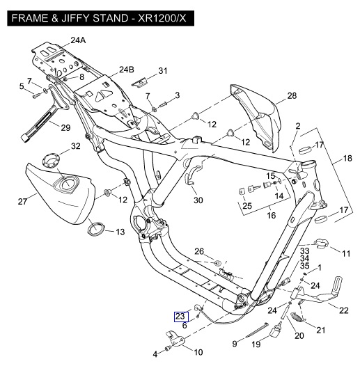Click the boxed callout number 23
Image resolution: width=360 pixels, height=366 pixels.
[181, 317]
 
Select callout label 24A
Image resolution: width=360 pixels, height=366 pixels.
[78, 40]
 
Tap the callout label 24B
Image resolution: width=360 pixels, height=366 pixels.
[127, 70]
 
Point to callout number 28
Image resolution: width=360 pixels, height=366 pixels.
[292, 95]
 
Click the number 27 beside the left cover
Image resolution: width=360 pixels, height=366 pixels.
[22, 201]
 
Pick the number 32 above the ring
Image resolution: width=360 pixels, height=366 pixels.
[75, 146]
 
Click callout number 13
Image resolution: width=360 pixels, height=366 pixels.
[120, 232]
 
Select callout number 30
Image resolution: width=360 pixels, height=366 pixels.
[198, 200]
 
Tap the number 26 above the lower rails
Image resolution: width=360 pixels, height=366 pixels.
[199, 251]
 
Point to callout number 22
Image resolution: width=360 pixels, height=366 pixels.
[343, 310]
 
